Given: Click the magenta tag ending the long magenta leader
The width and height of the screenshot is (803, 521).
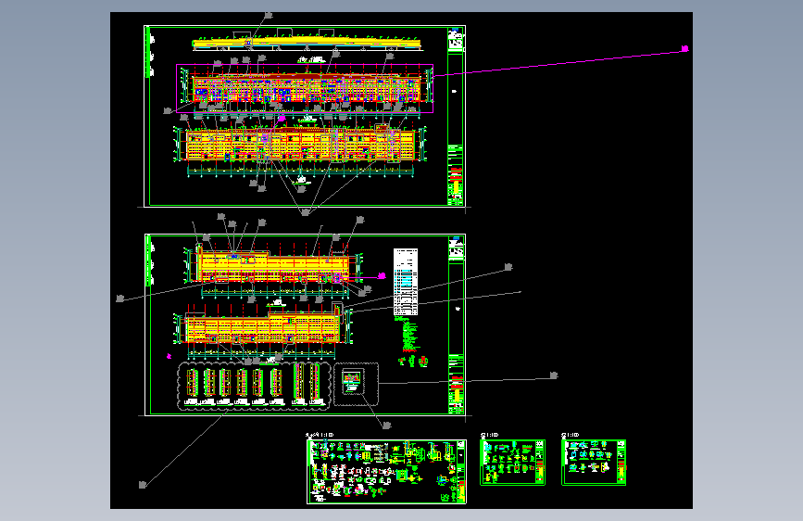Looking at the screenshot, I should pos(685,48).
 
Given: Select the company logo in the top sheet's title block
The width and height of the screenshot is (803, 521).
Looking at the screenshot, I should pos(455,41).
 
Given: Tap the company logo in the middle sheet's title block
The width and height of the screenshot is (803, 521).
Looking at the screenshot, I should pos(455,249).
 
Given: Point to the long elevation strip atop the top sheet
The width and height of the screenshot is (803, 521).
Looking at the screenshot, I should pos(306,42).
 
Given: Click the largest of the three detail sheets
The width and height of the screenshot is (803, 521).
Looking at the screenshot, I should pos(386,471).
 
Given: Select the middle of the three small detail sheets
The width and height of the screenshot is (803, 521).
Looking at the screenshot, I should pos(512,462).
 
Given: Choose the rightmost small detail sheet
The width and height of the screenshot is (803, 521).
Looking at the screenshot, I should pos(594,462).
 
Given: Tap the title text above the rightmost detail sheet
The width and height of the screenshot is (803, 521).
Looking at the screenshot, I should pos(571,434).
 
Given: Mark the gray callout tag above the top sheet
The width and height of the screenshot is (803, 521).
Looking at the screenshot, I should pos(270,15).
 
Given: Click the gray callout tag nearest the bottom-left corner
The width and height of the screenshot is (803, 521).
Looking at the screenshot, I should pos(142,484).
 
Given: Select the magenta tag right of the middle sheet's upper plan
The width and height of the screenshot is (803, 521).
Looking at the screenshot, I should pos(381,275).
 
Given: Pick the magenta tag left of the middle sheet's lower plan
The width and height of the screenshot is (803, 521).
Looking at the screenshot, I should pos(169,355).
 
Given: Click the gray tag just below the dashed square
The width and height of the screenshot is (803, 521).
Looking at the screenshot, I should pos(387,426).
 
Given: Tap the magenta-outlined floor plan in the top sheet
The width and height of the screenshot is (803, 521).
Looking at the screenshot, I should pos(306,89).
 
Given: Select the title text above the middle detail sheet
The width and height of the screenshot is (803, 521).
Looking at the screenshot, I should pos(489,434).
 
